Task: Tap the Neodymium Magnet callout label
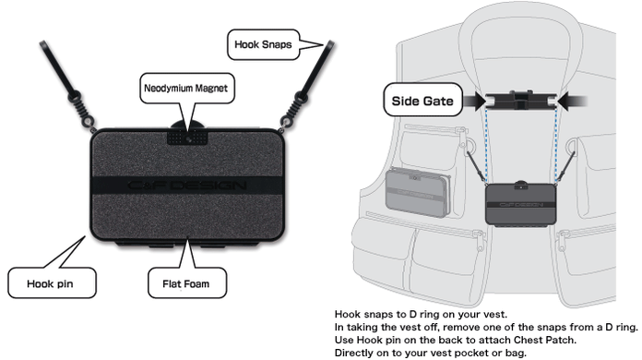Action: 184,90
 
